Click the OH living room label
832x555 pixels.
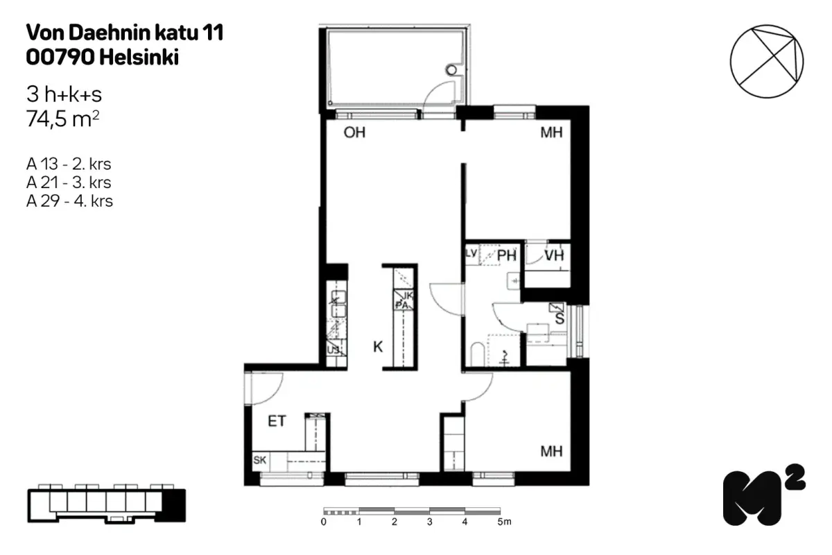tap(354, 133)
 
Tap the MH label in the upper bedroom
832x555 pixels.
tap(551, 133)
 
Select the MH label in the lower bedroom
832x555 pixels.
tap(551, 452)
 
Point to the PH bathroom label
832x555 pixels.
tap(507, 256)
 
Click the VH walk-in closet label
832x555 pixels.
tap(554, 256)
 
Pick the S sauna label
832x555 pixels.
tap(559, 319)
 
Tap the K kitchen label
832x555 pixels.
tap(378, 347)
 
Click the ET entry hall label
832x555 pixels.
tap(277, 420)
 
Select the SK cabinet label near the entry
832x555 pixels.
tap(260, 460)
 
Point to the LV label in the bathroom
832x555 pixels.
tap(471, 254)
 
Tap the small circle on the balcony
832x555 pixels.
tap(453, 69)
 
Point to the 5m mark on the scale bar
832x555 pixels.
tap(502, 522)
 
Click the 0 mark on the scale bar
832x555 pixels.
tap(324, 522)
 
